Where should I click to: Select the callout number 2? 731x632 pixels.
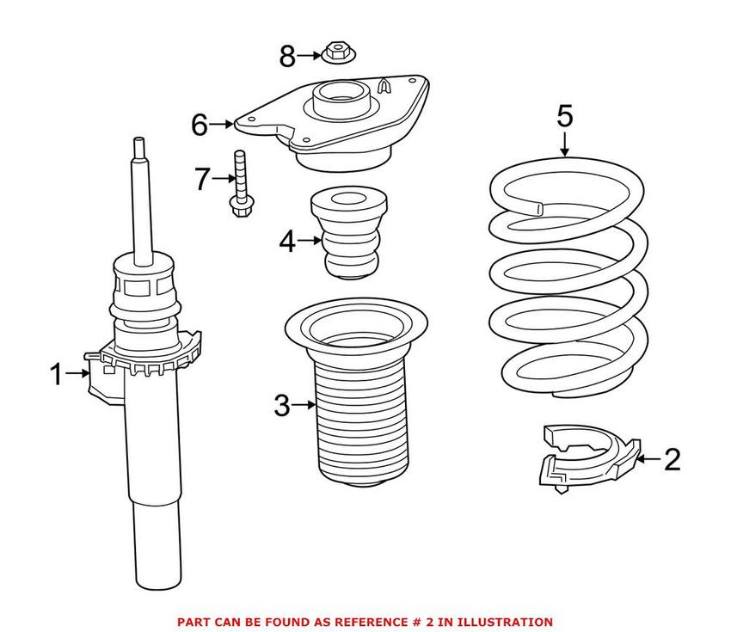tap(672, 460)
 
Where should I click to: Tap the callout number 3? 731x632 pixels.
tap(282, 405)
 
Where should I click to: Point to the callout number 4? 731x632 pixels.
tap(287, 243)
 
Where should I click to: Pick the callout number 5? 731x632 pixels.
tap(564, 114)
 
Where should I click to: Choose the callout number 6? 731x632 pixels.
tap(200, 125)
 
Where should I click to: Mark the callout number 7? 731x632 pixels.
tap(202, 179)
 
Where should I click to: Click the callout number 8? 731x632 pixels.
tap(287, 58)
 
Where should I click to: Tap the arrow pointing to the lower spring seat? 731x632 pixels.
tap(649, 460)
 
